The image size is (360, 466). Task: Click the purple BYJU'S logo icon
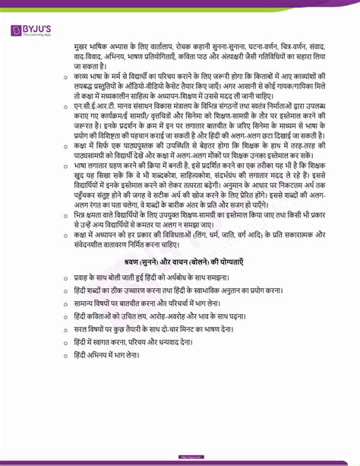point(17,30)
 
